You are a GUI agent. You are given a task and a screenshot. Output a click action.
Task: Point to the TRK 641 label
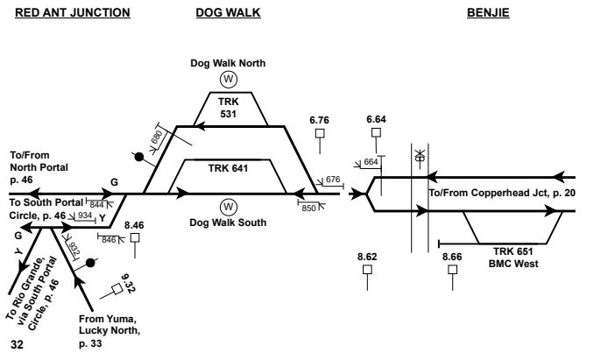(229, 167)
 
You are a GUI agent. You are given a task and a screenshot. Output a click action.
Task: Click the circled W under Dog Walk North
(229, 79)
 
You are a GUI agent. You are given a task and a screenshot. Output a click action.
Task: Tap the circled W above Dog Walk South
(229, 207)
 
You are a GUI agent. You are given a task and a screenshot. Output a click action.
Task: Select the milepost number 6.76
(322, 119)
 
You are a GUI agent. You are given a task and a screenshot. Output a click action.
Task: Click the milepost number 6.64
(377, 119)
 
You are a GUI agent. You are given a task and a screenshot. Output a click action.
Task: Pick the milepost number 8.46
(135, 224)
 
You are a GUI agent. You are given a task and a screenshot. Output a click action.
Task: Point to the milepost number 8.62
(368, 256)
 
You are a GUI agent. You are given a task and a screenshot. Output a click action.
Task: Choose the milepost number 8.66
(452, 256)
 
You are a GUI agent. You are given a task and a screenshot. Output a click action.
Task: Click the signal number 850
(308, 208)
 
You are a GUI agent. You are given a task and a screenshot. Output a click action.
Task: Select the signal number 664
(371, 162)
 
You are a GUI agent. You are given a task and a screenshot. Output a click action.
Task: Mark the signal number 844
(97, 204)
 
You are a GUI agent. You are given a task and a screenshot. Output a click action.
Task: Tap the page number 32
(17, 345)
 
